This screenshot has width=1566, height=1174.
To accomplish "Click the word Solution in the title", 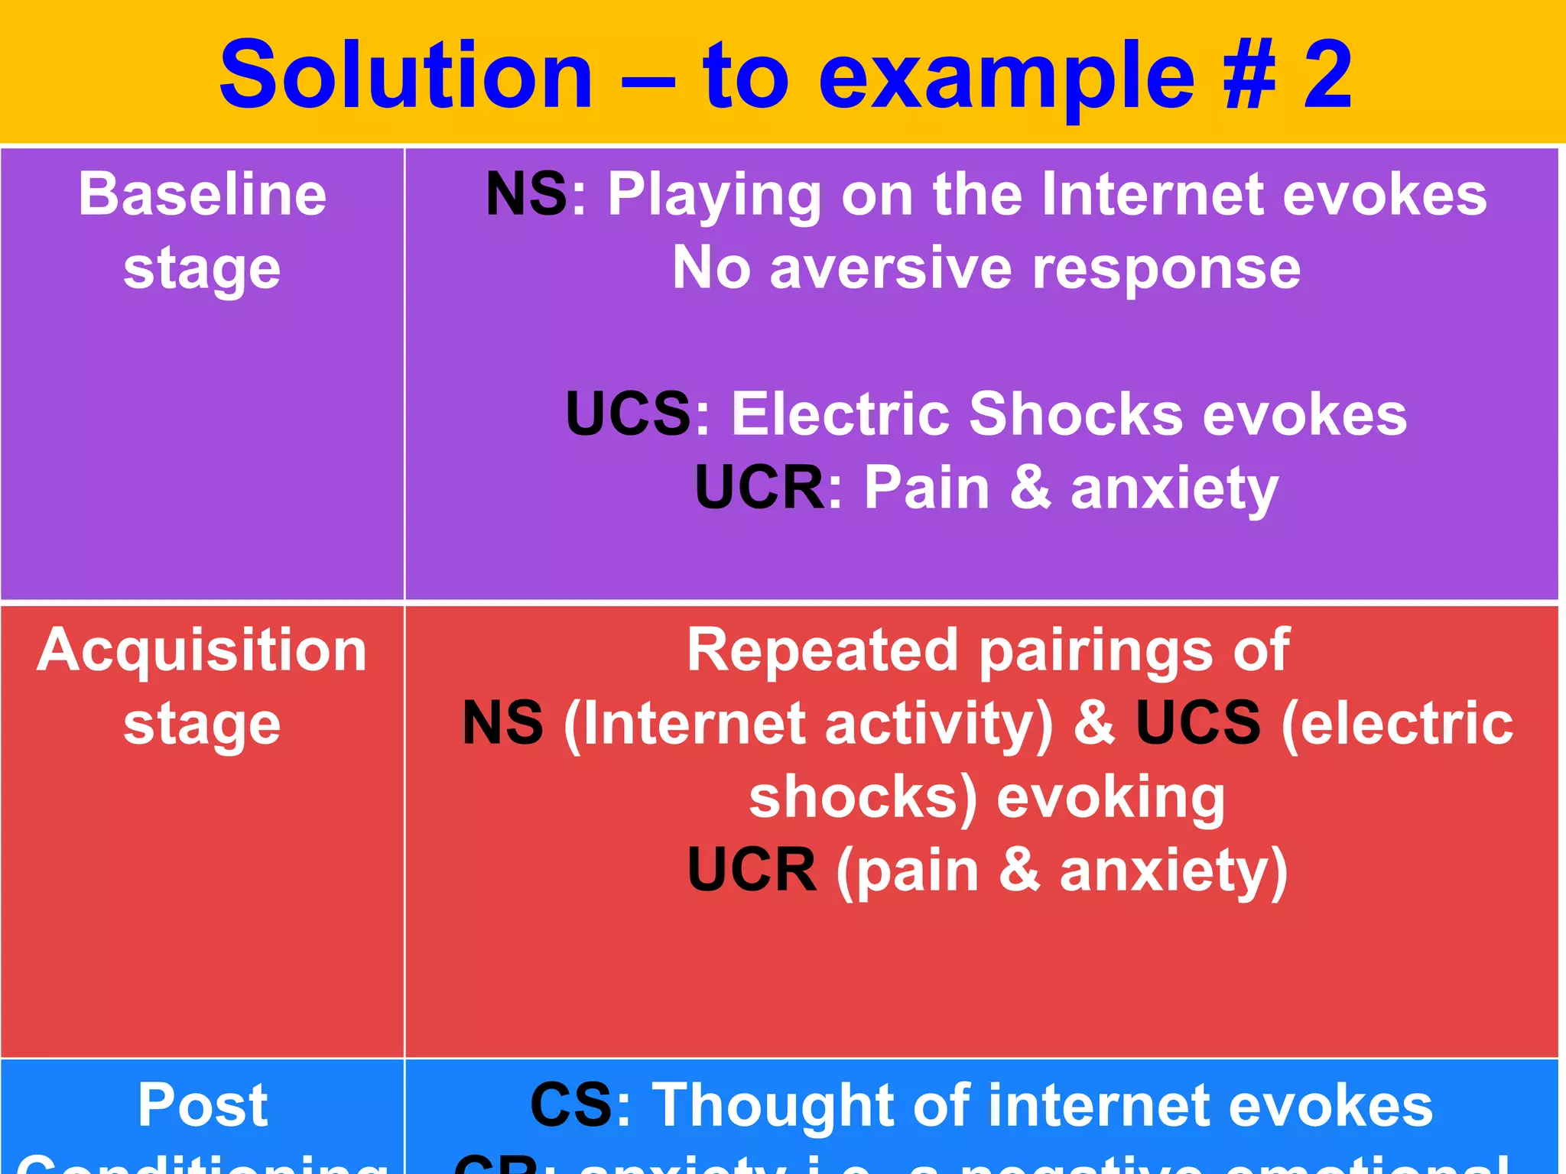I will (x=405, y=76).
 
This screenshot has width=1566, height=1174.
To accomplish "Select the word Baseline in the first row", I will (x=203, y=195).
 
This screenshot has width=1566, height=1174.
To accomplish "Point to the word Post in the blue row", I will (x=203, y=1106).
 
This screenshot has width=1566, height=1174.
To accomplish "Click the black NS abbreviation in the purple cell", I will (x=526, y=195).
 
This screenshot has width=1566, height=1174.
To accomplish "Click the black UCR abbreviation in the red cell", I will (x=752, y=871).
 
